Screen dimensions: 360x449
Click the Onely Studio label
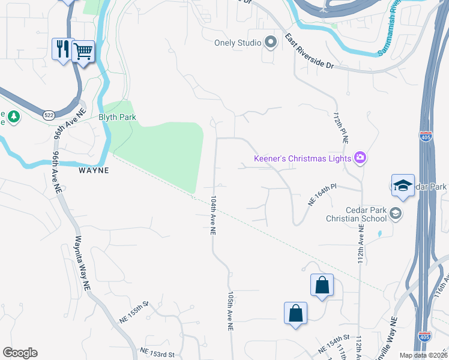point(238,43)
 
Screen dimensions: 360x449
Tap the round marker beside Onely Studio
point(270,42)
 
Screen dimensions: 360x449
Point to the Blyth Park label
point(118,118)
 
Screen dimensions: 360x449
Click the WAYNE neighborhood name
point(94,170)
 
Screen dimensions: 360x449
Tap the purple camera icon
point(360,158)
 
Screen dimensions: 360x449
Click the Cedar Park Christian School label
point(366,214)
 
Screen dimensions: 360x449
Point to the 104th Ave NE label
point(212,214)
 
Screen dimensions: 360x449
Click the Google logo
point(20,353)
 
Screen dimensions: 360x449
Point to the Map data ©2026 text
point(423,355)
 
